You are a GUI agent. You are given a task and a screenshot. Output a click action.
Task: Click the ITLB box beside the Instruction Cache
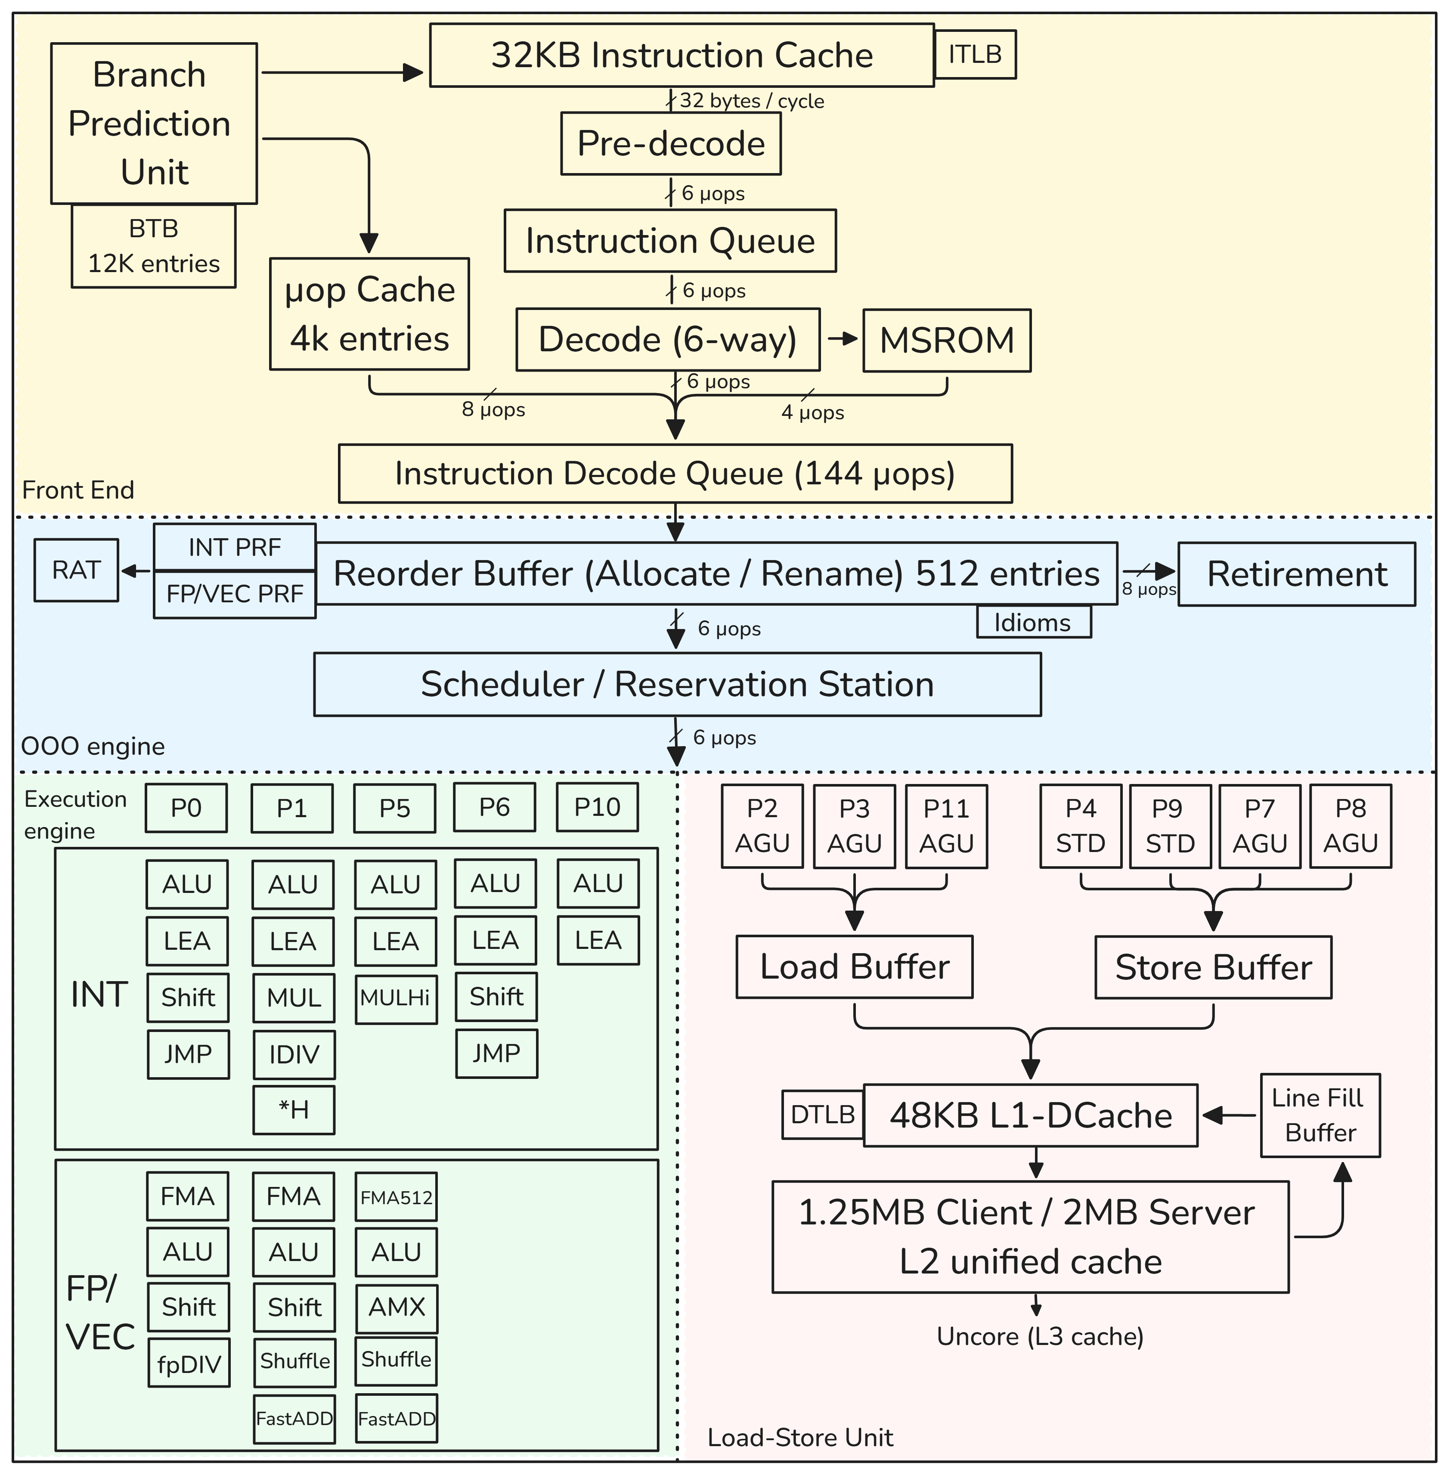[x=975, y=54]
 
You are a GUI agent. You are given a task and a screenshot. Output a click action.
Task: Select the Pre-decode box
[x=671, y=143]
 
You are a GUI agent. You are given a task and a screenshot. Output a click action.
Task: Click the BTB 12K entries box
[x=153, y=246]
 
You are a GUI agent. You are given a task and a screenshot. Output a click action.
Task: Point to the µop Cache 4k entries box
[x=369, y=313]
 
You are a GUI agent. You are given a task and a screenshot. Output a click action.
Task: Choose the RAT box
[x=76, y=570]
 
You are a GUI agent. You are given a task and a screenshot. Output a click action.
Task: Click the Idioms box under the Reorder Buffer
[x=1033, y=622]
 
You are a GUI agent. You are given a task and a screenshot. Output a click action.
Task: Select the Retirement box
[x=1297, y=574]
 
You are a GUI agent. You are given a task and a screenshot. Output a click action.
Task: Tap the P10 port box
[x=598, y=807]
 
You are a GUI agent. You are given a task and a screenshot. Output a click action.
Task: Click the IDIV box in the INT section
[x=294, y=1054]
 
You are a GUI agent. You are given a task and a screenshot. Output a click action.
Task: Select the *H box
[x=294, y=1109]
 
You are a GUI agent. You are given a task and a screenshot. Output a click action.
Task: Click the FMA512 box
[x=396, y=1197]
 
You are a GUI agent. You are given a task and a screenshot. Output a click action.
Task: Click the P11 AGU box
[x=946, y=826]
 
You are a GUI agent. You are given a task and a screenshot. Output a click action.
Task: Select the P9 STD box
[x=1170, y=826]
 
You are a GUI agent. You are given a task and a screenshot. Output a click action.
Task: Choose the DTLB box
[x=823, y=1115]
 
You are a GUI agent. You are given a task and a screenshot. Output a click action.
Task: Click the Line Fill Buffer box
[x=1320, y=1115]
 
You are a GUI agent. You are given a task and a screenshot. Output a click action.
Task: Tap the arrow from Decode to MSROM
[x=842, y=340]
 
